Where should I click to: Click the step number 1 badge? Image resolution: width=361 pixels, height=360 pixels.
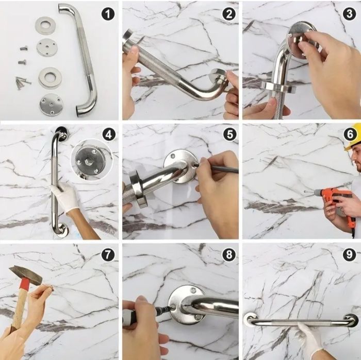[x=108, y=14]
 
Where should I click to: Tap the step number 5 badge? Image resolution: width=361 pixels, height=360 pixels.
[x=230, y=134]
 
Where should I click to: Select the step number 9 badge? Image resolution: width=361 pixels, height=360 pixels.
[x=349, y=254]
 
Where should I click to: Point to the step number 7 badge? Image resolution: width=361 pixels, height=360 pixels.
[x=108, y=254]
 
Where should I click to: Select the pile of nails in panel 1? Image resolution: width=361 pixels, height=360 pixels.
[x=23, y=82]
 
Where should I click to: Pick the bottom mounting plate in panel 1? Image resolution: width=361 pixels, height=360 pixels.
[x=51, y=105]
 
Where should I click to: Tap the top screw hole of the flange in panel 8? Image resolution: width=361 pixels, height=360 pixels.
[x=193, y=290]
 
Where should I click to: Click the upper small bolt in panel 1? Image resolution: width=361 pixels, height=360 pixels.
[x=23, y=48]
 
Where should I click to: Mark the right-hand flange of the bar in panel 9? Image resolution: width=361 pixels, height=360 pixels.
[x=351, y=319]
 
